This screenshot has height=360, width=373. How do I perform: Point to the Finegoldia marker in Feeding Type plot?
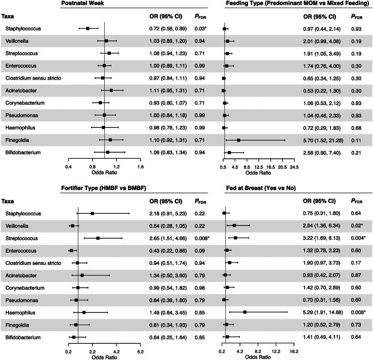coord(238,140)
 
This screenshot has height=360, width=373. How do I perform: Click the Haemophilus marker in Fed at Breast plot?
coord(245,312)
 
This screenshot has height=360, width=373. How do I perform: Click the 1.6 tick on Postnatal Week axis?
coord(140,166)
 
